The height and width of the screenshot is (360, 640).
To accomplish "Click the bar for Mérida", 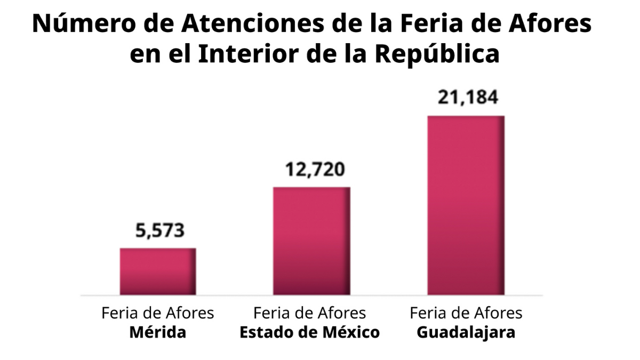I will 157,271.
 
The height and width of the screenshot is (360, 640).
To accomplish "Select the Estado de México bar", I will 311,241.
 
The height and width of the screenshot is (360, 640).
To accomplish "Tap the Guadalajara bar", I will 466,205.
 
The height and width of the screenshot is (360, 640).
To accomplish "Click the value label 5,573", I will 158,231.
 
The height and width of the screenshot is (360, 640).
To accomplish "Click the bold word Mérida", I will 158,333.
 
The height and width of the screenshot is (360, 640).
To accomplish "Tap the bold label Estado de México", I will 309,333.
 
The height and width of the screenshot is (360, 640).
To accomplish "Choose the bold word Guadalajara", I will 466,333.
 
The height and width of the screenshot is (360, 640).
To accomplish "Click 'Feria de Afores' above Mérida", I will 158,313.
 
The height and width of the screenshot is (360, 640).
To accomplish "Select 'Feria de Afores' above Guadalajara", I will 466,313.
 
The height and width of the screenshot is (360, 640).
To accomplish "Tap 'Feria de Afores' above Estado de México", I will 309,313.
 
